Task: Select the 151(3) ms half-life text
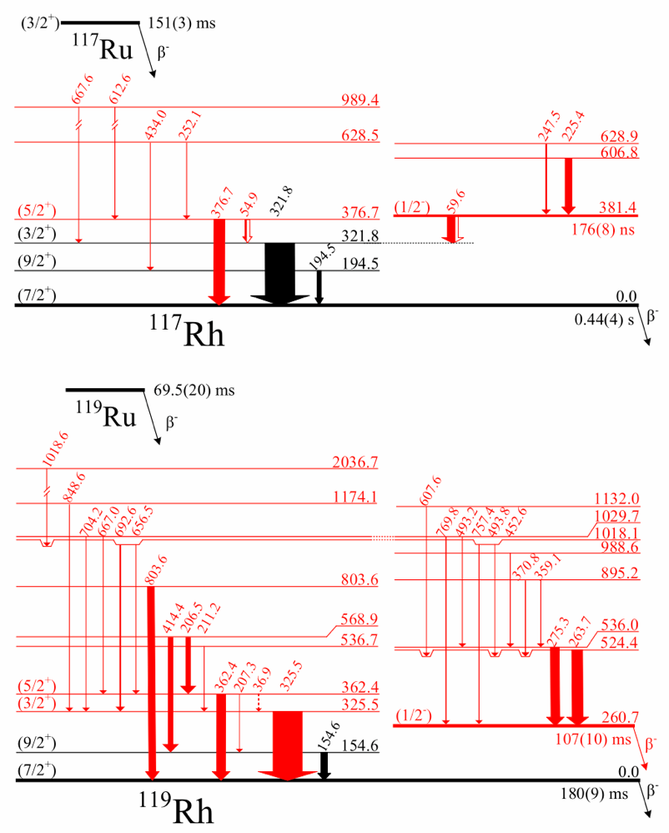click(x=182, y=23)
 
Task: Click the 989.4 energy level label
click(x=360, y=100)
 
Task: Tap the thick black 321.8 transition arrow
click(x=279, y=272)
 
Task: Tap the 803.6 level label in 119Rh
click(x=360, y=581)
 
